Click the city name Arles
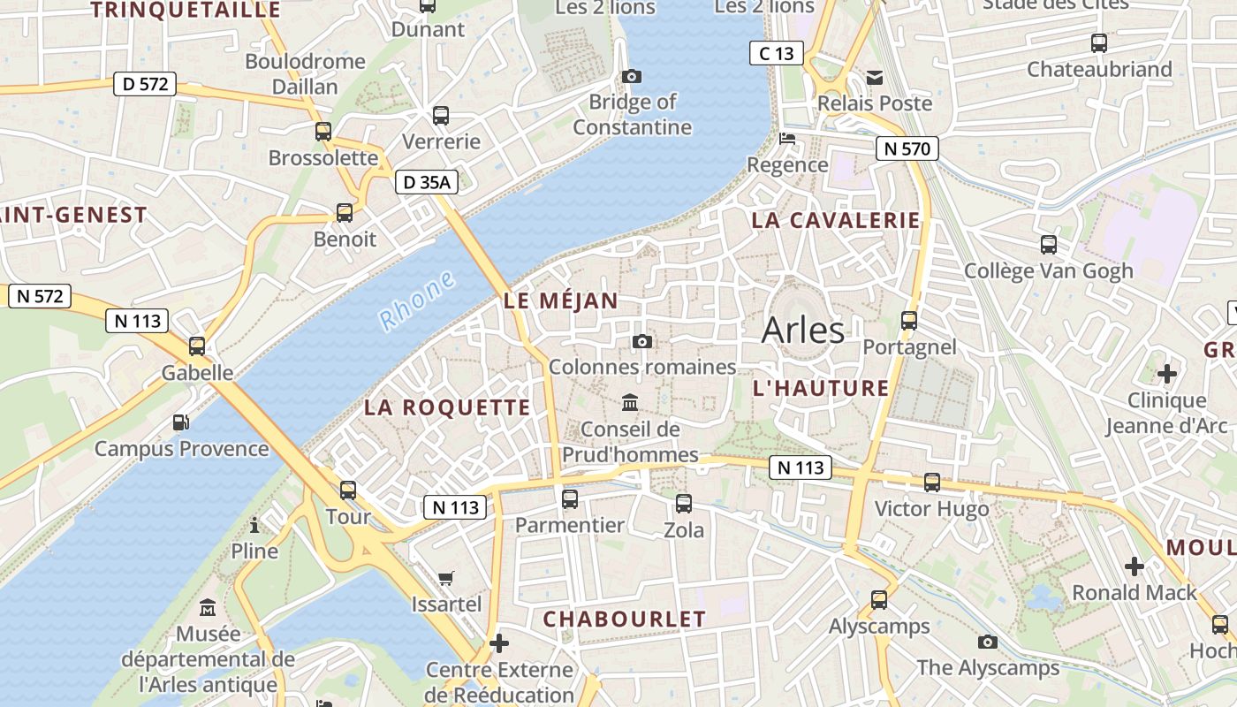coord(802,330)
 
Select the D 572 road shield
coord(145,85)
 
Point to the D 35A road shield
coord(426,183)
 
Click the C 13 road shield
coord(776,53)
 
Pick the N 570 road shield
coord(907,148)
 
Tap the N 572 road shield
coord(40,296)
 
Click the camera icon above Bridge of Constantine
coord(631,77)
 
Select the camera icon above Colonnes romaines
coord(642,341)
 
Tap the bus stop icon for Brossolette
coord(323,132)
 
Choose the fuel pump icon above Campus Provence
coord(181,422)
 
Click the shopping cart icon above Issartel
coord(446,578)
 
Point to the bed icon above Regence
coord(787,139)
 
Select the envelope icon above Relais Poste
coord(875,78)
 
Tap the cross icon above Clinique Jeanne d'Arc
coord(1166,374)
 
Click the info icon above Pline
coord(254,526)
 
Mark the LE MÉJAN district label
coord(561,300)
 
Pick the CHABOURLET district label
coord(624,619)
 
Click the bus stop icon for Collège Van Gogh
coord(1049,245)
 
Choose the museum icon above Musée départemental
coord(208,608)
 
